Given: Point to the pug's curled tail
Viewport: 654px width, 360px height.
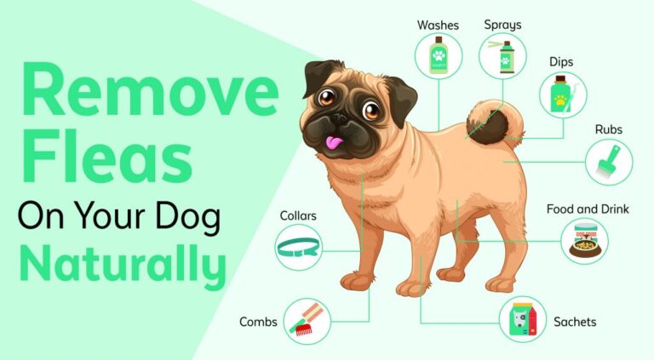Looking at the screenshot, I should (488, 123).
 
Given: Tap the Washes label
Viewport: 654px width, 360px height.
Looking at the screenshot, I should (438, 25).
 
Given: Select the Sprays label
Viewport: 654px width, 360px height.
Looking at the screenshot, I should (502, 25).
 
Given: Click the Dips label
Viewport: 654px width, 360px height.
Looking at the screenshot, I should (561, 62).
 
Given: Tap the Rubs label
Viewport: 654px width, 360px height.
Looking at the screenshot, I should (609, 129).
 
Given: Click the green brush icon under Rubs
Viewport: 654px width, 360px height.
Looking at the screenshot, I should (609, 162).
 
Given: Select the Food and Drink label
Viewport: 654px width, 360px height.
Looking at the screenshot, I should (588, 209).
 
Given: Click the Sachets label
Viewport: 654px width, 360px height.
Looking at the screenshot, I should (575, 322).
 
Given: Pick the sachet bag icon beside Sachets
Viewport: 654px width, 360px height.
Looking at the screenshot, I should (522, 320).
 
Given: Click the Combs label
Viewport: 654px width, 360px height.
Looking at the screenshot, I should (257, 322).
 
